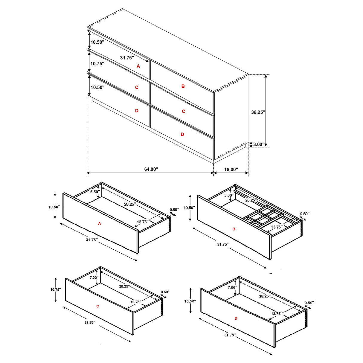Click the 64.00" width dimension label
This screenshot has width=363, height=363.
tap(151, 169)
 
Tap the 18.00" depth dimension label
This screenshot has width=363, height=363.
tap(231, 170)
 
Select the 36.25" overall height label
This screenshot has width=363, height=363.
tap(258, 112)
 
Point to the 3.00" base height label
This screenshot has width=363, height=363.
tap(259, 144)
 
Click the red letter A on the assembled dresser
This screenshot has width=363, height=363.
tap(138, 66)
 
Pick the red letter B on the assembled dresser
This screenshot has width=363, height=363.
tap(183, 86)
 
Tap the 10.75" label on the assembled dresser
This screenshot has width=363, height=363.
tap(97, 64)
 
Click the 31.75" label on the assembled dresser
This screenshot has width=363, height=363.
tap(127, 58)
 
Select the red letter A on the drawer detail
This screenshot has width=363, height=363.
tap(100, 223)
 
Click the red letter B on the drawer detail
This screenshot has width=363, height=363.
tap(234, 229)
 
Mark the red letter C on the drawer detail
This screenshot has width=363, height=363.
tap(98, 306)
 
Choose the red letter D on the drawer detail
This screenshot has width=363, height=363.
tap(236, 318)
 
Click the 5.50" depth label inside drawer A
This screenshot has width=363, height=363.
tap(95, 192)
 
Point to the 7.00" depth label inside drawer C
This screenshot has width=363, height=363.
tap(94, 277)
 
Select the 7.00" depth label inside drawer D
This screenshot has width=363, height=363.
tap(232, 287)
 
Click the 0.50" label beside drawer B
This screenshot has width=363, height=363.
tap(305, 214)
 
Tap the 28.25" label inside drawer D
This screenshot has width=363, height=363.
tap(265, 296)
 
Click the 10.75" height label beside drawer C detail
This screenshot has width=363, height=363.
tap(55, 289)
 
